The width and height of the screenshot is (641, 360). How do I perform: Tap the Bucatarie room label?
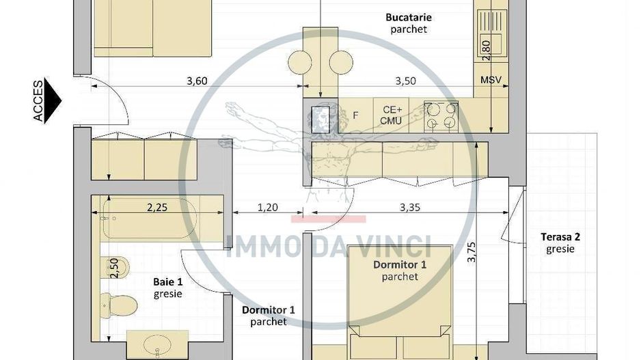pos(409,17)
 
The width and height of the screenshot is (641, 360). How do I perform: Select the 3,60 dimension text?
pos(197,81)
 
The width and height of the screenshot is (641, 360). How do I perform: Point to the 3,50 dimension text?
pos(405,81)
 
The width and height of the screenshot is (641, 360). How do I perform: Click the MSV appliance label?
pos(491,81)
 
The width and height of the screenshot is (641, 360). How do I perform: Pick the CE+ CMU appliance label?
pos(392,115)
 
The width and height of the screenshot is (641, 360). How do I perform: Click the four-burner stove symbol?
pos(441,115)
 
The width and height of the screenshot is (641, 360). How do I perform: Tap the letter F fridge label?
pos(355,115)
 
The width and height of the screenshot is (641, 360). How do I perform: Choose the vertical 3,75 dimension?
pos(471,250)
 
